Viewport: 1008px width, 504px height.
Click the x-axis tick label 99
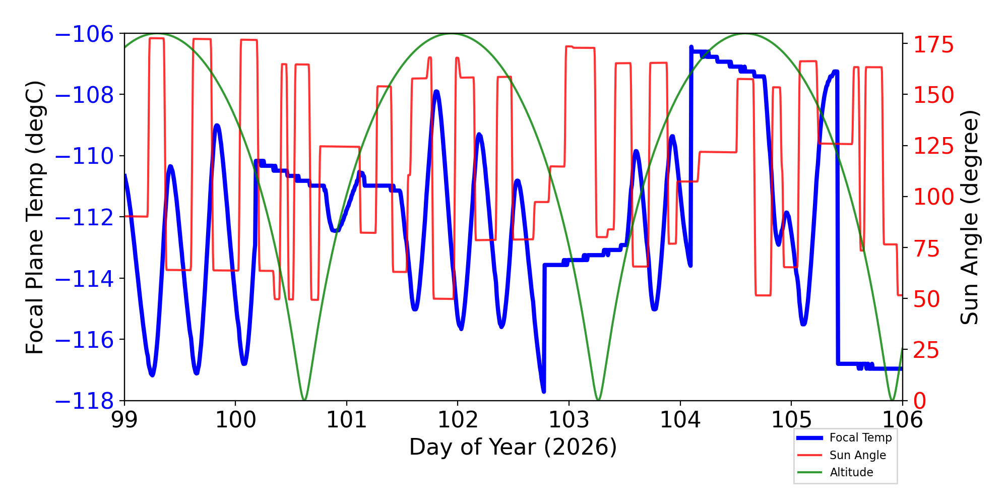(x=124, y=420)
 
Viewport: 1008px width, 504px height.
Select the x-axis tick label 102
(x=458, y=420)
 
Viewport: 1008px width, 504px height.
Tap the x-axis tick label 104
(x=680, y=420)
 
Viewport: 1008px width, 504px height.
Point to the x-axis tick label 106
(x=902, y=420)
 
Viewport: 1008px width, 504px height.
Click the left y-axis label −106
(x=84, y=34)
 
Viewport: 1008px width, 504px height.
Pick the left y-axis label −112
(x=84, y=218)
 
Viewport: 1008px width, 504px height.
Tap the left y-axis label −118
(x=84, y=401)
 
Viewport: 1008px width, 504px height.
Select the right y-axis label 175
(x=933, y=45)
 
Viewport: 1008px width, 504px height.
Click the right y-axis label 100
(x=933, y=197)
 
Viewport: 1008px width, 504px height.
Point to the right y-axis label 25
(x=927, y=350)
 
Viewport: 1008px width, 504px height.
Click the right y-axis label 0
(x=920, y=401)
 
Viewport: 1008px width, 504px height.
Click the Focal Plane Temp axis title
(x=35, y=217)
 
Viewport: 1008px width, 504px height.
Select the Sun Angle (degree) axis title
(x=969, y=217)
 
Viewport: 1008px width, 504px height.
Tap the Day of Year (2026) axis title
(x=513, y=447)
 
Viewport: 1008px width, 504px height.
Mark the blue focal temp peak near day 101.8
(x=436, y=92)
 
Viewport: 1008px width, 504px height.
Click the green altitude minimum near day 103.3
(x=598, y=400)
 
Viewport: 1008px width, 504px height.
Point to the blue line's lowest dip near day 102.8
(x=543, y=391)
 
